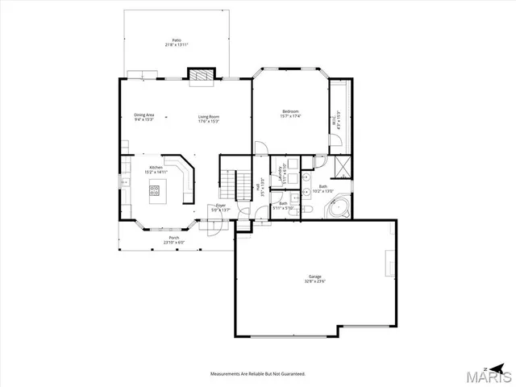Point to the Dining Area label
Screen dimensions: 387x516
tap(144, 115)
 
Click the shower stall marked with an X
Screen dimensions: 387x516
tap(341, 167)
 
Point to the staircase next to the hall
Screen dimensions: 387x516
tap(233, 185)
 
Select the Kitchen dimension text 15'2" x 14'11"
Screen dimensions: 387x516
tap(156, 172)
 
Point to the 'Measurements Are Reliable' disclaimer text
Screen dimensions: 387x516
tap(257, 374)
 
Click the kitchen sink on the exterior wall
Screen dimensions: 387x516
tap(124, 182)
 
